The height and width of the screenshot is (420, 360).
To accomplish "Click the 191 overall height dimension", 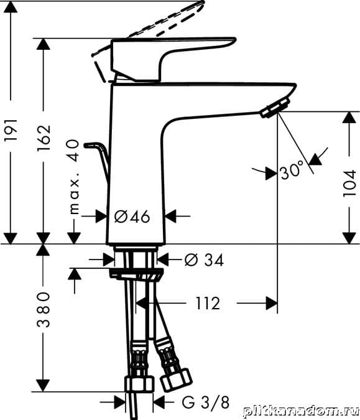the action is click(x=11, y=129).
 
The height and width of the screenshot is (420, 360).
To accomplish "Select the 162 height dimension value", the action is click(x=44, y=138).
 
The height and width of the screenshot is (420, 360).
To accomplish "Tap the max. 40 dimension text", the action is click(x=74, y=177).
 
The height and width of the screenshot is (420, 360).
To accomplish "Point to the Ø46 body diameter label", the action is click(x=132, y=217).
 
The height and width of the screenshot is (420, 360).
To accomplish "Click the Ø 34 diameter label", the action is click(x=204, y=259).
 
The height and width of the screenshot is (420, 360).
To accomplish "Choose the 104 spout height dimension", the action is click(x=349, y=183).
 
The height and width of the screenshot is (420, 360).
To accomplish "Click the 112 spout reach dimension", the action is click(x=208, y=304).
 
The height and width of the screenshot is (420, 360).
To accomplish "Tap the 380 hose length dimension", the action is click(x=44, y=310).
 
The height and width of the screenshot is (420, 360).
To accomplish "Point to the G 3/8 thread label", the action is click(x=206, y=402).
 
